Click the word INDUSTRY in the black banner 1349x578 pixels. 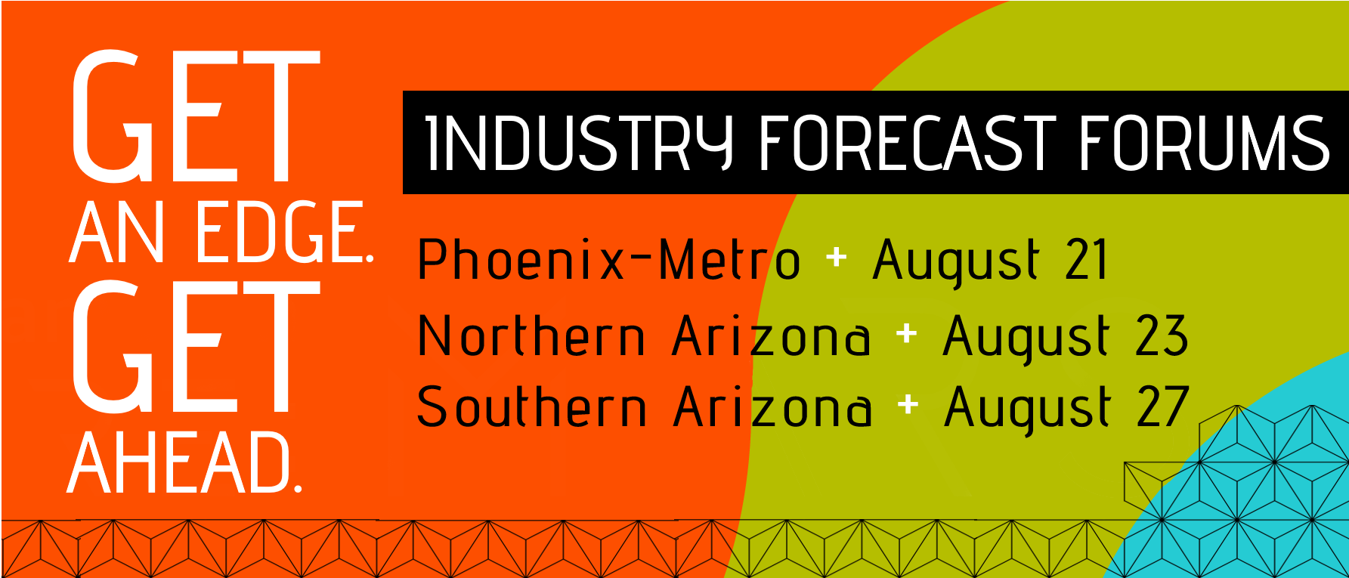pyautogui.click(x=579, y=143)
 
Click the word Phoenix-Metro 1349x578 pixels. pyautogui.click(x=608, y=259)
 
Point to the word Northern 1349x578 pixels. pyautogui.click(x=531, y=335)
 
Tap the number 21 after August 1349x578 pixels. pyautogui.click(x=1086, y=259)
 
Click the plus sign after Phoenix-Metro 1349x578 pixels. pyautogui.click(x=836, y=258)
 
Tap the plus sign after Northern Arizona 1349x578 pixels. pyautogui.click(x=906, y=333)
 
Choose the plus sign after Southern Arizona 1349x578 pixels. pyautogui.click(x=908, y=405)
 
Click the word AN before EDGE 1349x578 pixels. pyautogui.click(x=117, y=232)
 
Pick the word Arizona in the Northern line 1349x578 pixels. pyautogui.click(x=771, y=335)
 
